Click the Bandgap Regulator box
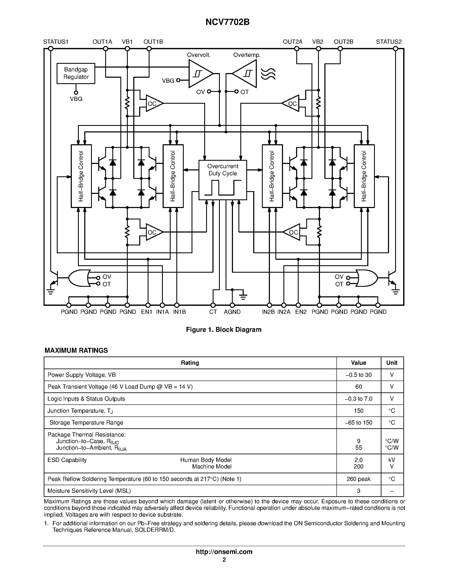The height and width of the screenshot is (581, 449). point(76,73)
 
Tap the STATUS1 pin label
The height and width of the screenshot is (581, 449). point(56,42)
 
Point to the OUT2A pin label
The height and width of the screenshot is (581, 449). point(293,42)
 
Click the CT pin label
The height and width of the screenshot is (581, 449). point(213,312)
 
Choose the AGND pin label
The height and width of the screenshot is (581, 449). point(232,312)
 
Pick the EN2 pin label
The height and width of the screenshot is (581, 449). point(301,312)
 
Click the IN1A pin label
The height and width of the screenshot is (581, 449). point(162,312)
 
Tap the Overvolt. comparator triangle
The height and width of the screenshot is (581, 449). point(200,73)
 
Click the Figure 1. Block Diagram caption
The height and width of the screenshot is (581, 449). point(223,330)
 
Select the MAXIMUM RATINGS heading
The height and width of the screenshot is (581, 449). point(76,350)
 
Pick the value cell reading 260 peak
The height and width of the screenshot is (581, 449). point(358,479)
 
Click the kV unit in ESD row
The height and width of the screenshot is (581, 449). point(392,460)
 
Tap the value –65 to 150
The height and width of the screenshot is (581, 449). point(358,422)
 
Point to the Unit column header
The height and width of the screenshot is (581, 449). point(392,363)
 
